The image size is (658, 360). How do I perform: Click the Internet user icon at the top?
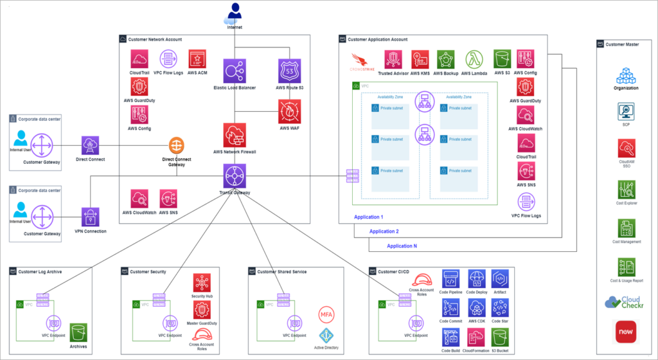point(235,12)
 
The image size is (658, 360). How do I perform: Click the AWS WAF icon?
point(290,111)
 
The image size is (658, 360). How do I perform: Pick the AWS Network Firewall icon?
point(235,135)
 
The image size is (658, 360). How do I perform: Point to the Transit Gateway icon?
point(235,175)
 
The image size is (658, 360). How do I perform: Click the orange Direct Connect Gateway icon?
point(177,145)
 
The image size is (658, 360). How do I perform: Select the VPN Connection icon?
point(91,217)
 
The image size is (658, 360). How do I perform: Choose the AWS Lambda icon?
point(475,60)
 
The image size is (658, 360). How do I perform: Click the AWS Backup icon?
point(447,60)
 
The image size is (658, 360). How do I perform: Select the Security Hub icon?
point(202,283)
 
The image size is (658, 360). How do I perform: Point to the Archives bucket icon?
point(78,333)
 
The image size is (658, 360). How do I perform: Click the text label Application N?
point(402,246)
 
